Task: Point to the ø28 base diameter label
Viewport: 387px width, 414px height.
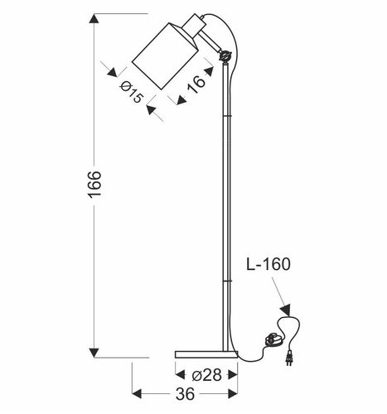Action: pyautogui.click(x=206, y=374)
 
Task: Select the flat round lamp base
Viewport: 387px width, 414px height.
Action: pyautogui.click(x=206, y=355)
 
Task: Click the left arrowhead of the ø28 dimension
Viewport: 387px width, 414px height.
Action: pyautogui.click(x=178, y=374)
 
